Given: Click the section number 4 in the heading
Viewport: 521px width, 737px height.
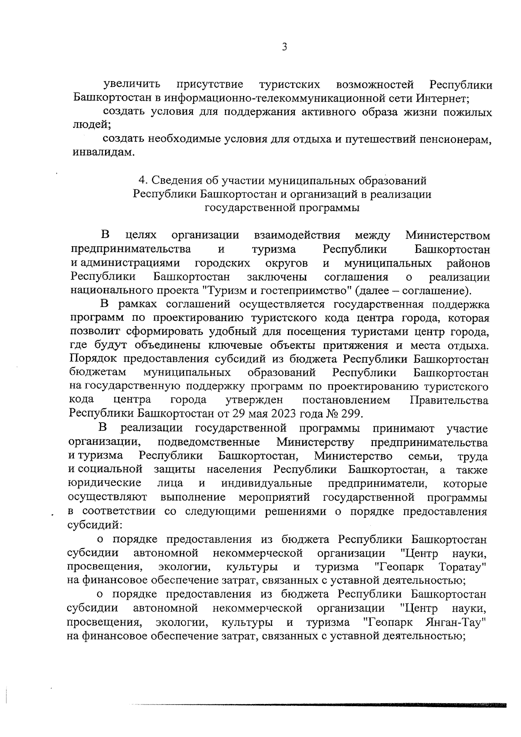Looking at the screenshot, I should tap(141, 180).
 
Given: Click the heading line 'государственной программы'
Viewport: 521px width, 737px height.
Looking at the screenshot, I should tap(282, 208).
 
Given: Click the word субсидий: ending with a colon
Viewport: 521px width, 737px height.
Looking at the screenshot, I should tap(94, 525).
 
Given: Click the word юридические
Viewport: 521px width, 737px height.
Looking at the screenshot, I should tap(105, 483).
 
